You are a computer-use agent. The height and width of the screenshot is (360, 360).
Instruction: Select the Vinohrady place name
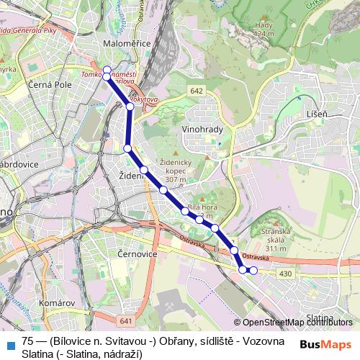click(x=204, y=130)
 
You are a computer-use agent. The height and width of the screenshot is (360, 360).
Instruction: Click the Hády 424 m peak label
click(x=264, y=29)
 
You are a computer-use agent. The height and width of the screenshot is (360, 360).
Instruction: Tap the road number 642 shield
click(x=197, y=91)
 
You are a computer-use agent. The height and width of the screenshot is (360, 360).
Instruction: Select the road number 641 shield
click(x=127, y=320)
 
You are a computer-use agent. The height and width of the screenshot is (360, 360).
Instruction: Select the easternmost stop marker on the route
click(x=253, y=270)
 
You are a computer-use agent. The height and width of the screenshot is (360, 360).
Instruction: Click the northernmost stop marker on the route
click(x=107, y=70)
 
